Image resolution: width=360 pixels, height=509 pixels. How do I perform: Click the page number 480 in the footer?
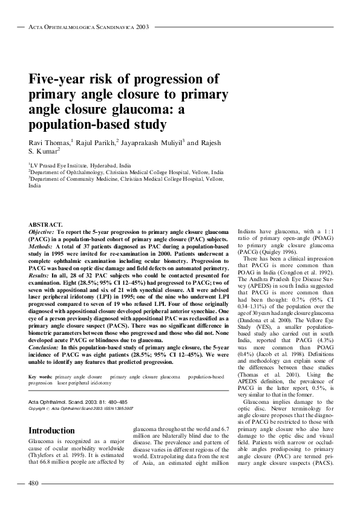coord(34,484)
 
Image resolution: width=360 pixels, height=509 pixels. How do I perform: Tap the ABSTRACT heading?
coord(46,224)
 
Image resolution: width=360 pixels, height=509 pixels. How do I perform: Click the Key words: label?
coord(41,377)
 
